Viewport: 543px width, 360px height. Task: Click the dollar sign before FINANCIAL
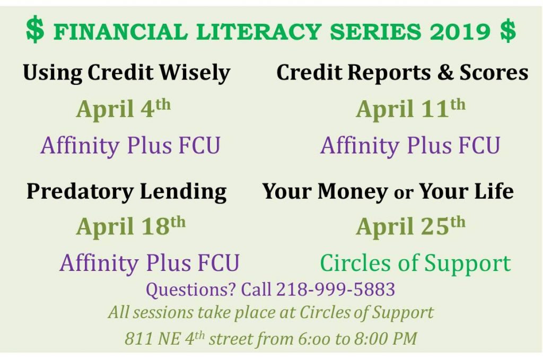click(x=35, y=30)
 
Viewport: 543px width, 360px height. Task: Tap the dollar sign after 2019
click(x=507, y=31)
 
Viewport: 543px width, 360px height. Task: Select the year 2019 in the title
click(x=460, y=31)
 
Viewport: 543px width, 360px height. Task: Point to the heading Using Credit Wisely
click(x=126, y=73)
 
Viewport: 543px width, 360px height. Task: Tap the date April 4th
click(x=123, y=108)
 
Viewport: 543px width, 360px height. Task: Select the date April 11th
click(x=410, y=108)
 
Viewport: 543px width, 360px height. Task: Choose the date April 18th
click(x=131, y=226)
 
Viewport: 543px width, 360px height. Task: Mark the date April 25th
click(x=410, y=226)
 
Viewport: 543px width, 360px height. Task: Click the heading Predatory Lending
click(x=126, y=191)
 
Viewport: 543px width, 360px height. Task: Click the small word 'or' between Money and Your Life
click(x=404, y=194)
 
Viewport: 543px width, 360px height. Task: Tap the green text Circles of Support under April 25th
click(x=415, y=264)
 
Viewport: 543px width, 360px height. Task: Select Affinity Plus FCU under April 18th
click(x=150, y=263)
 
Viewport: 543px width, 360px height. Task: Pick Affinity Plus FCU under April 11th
click(x=410, y=145)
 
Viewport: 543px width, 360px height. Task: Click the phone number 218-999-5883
click(x=336, y=289)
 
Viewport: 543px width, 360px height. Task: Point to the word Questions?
click(x=191, y=290)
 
